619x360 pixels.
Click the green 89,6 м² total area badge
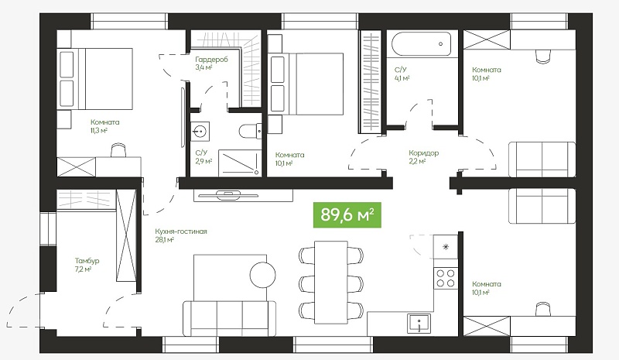coord(347,215)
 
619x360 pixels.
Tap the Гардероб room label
coord(211,60)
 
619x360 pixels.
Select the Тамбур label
coord(87,261)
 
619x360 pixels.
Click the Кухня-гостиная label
coord(181,231)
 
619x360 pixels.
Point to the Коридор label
coord(423,153)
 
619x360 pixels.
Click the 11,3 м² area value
coord(99,131)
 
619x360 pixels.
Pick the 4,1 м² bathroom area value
coord(402,78)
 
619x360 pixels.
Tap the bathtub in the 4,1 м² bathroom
coord(421,44)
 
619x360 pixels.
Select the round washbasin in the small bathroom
coord(200,131)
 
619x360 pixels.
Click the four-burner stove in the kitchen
coord(446,277)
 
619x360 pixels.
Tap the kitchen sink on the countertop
coord(419,324)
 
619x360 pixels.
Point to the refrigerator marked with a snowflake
coord(446,247)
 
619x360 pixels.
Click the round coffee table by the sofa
coord(262,275)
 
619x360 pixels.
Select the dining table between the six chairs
coord(331,282)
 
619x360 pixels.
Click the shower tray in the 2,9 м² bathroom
coord(240,163)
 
